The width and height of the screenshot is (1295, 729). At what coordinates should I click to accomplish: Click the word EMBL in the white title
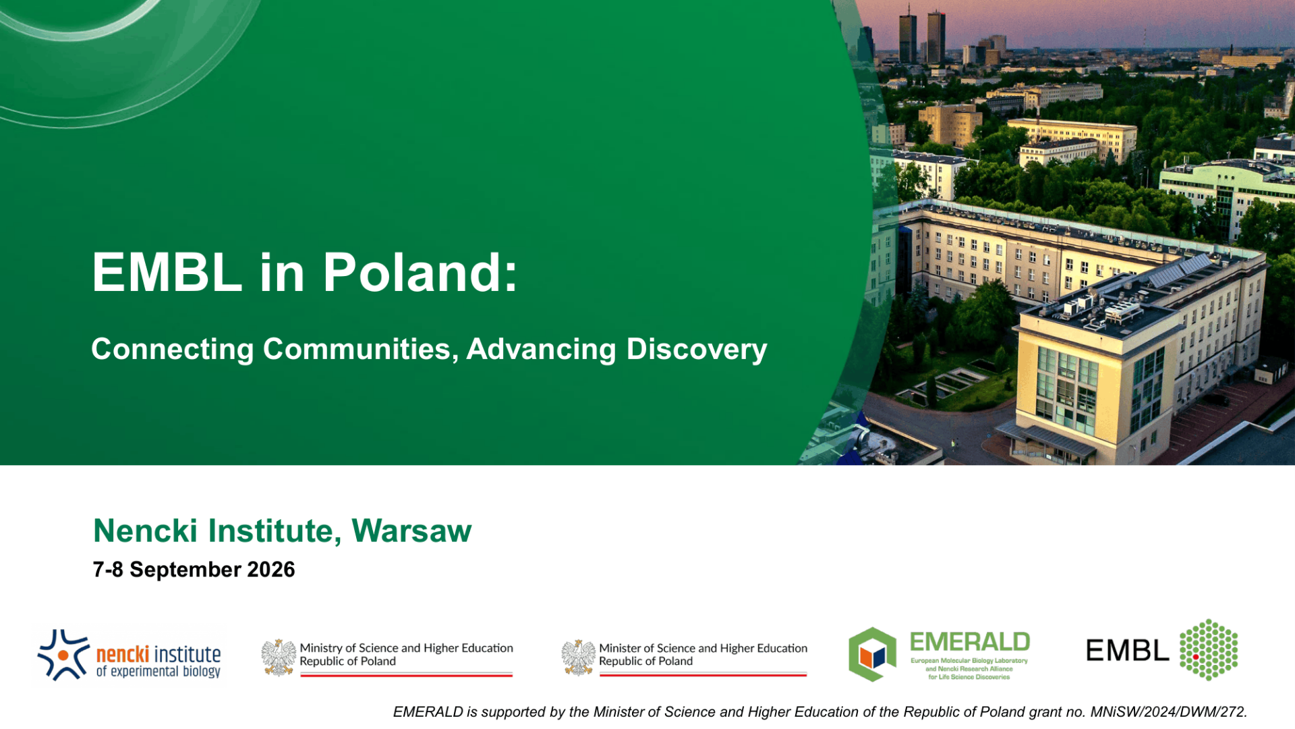[x=167, y=272]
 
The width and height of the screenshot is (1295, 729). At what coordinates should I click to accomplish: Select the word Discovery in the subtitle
[x=697, y=350]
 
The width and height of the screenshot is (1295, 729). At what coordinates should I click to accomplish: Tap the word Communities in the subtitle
[x=361, y=349]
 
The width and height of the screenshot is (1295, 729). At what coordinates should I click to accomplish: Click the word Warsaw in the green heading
[x=411, y=531]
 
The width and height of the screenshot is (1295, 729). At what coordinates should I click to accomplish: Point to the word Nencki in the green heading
[x=145, y=531]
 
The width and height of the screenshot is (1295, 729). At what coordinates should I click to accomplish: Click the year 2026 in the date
[x=271, y=570]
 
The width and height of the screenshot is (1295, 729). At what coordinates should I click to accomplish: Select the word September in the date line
[x=185, y=570]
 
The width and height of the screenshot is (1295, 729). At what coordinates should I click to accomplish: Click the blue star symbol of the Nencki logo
[x=63, y=655]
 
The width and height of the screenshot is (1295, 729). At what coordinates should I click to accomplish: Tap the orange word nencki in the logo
[x=123, y=654]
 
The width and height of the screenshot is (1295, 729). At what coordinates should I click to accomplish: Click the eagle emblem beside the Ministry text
[x=279, y=657]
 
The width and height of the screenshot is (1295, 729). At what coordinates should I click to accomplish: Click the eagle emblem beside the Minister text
[x=579, y=657]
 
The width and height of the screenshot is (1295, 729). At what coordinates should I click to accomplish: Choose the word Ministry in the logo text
[x=321, y=649]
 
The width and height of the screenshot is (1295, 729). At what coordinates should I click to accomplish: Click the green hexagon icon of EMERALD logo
[x=873, y=654]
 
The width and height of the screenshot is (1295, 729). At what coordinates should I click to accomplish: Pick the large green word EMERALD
[x=970, y=642]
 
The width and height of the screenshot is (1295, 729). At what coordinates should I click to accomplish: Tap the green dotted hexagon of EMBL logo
[x=1209, y=649]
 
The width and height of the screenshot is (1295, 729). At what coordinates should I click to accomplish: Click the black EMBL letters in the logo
[x=1127, y=651]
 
